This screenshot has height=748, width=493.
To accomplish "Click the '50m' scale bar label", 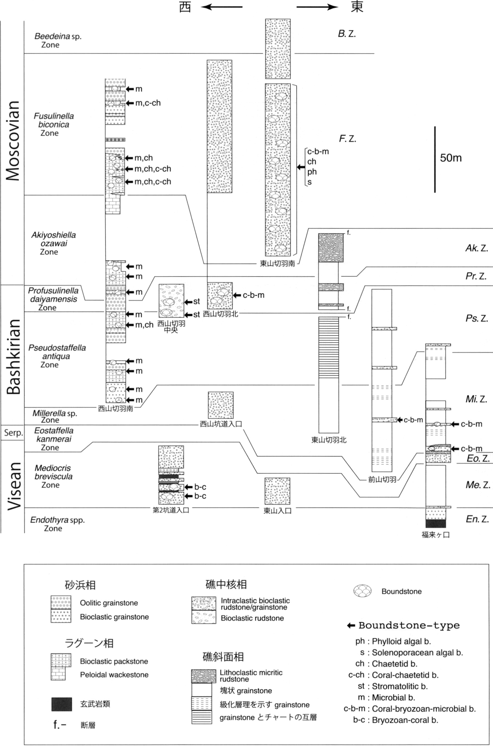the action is tap(451, 157).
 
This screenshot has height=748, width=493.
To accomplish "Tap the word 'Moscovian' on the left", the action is tap(13, 141).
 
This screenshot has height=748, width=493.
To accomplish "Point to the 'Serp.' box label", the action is tap(13, 433).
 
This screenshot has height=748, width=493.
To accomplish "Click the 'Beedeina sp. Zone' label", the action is tap(58, 40).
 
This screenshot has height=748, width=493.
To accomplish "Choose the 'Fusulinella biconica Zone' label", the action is tap(53, 125).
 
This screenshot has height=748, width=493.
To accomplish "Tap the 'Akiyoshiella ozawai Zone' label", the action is tap(53, 243).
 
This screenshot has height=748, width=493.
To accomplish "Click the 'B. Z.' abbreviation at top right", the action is tap(347, 34).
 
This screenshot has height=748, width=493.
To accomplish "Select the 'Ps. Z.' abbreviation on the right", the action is tap(477, 318).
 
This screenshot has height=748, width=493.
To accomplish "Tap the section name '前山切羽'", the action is tap(382, 480).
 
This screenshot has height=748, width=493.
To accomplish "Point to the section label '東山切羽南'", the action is tap(277, 263).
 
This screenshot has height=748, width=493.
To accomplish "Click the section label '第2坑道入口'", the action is tap(171, 510).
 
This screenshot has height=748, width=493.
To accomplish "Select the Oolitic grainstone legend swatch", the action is tap(61, 603).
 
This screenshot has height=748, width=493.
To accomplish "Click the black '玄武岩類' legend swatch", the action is tap(62, 704).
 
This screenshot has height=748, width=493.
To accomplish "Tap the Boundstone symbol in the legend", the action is tap(363, 591).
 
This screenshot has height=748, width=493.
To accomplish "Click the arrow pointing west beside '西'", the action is tap(222, 6).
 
